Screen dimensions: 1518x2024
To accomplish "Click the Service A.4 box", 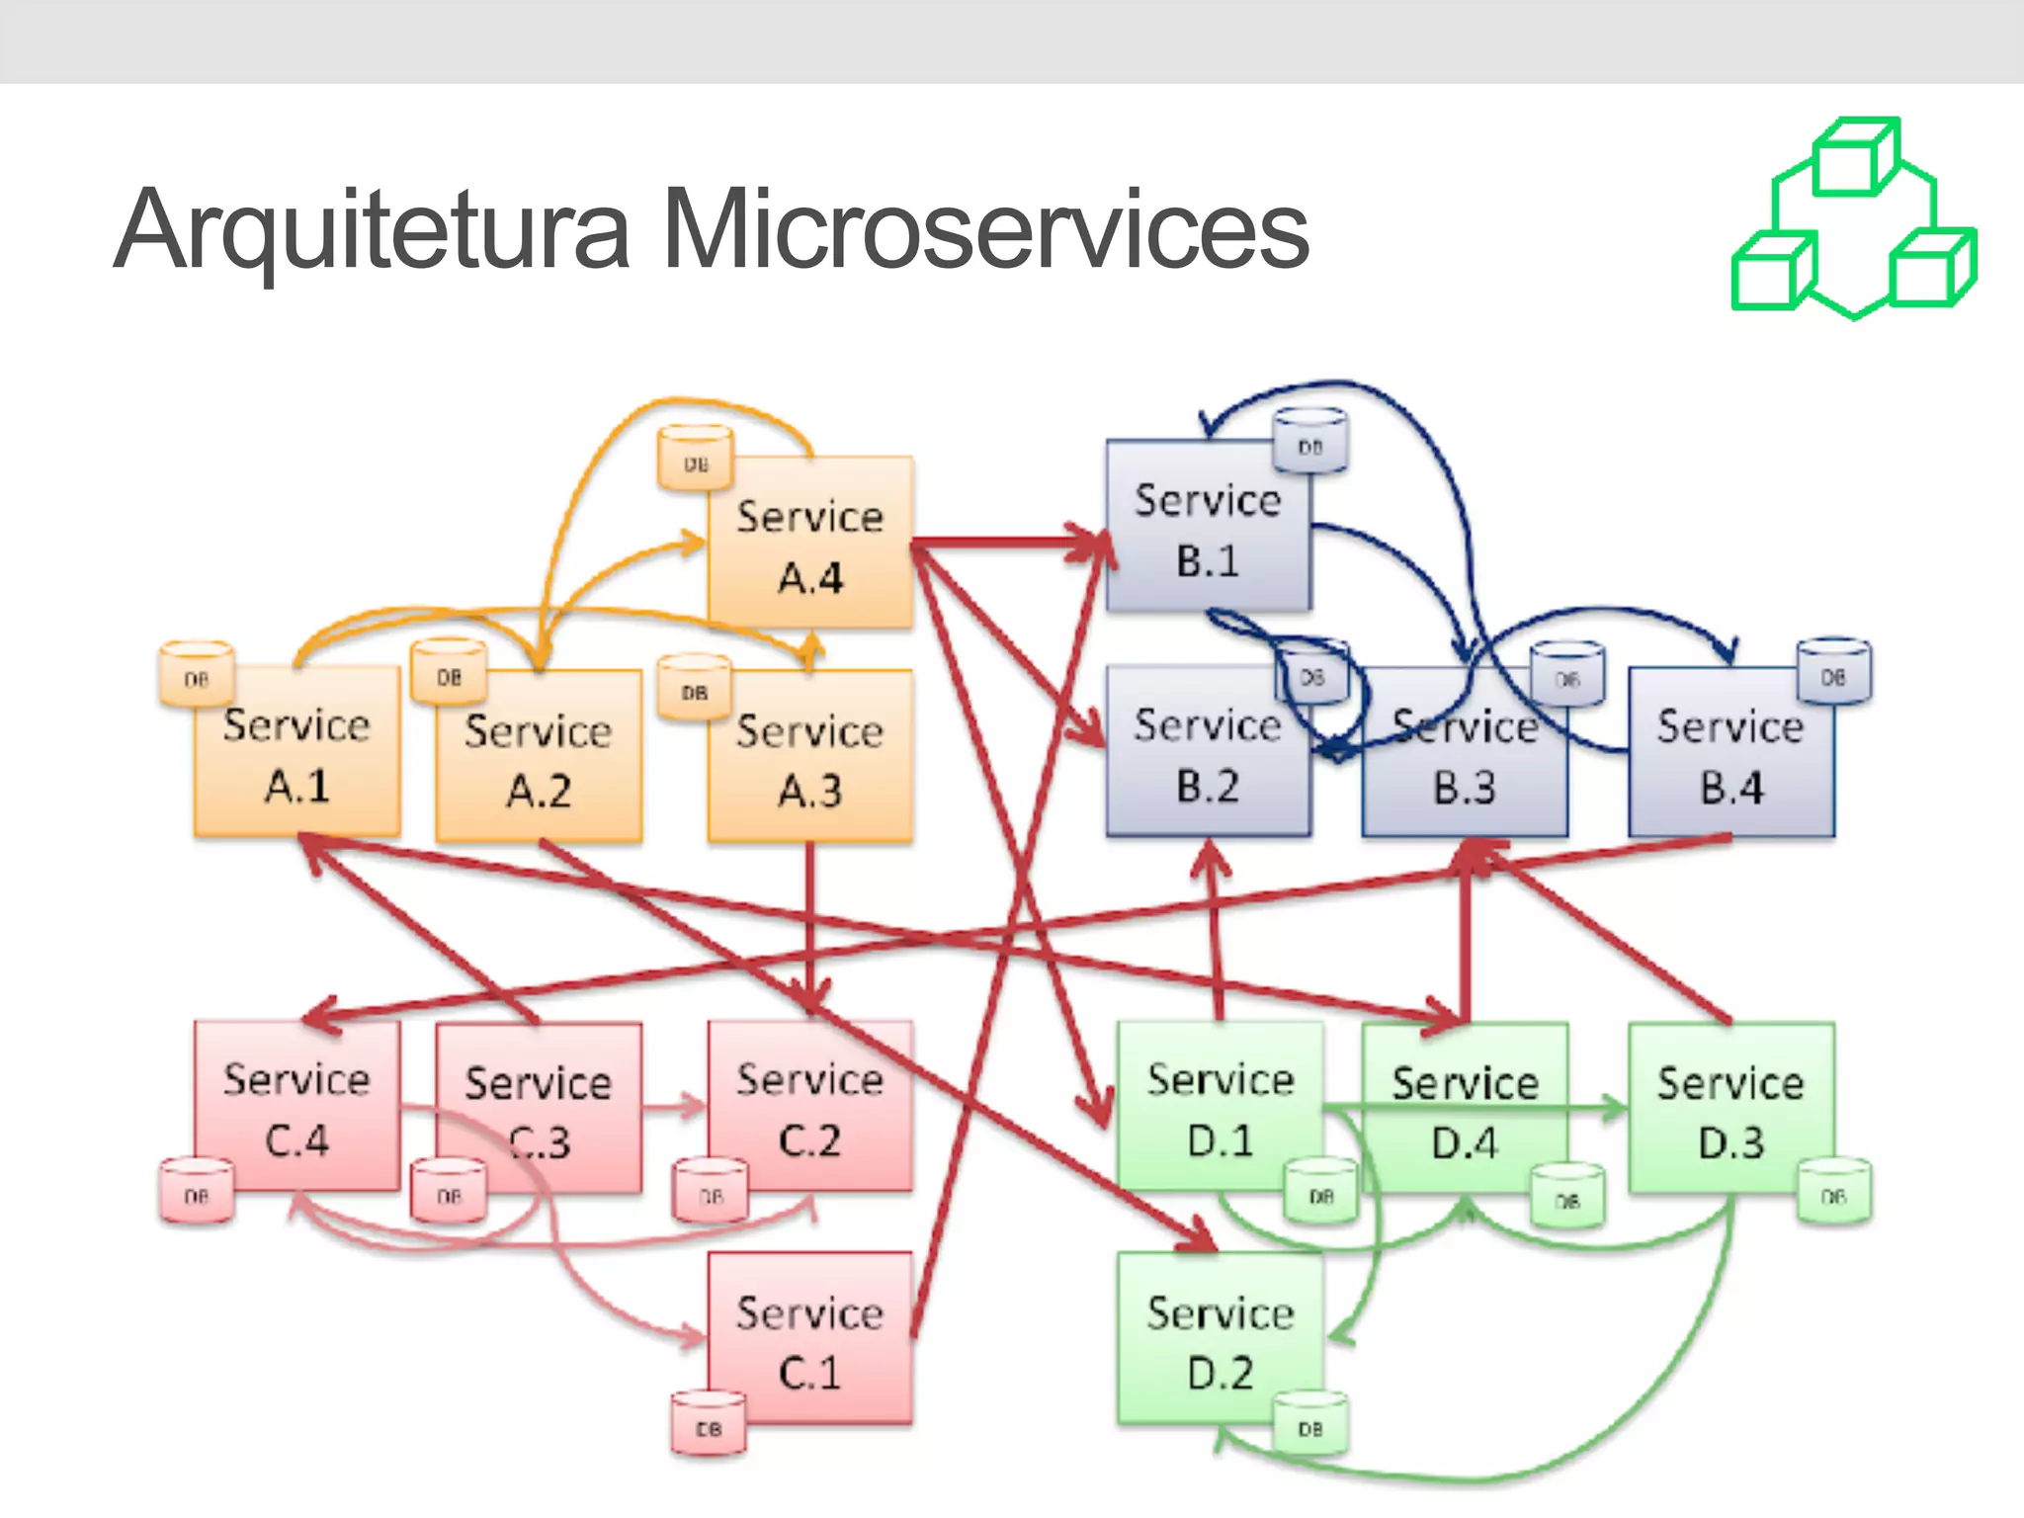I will click(x=810, y=544).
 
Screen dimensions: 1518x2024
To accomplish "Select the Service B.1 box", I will click(x=1208, y=529).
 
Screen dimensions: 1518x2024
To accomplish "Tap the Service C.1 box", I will click(x=810, y=1339).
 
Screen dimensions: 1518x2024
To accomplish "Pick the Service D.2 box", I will click(x=1220, y=1339).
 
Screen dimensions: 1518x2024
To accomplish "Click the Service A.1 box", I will click(x=296, y=756).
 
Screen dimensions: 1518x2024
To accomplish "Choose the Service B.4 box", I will click(x=1731, y=756).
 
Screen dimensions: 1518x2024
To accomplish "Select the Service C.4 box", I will click(x=296, y=1107).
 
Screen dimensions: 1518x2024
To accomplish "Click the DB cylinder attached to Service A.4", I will click(x=696, y=458).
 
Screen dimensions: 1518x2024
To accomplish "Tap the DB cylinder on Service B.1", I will click(x=1310, y=442).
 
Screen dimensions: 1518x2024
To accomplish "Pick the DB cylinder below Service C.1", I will click(x=709, y=1423).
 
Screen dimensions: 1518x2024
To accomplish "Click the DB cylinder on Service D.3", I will click(x=1833, y=1191).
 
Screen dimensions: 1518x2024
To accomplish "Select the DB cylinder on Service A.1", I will click(x=197, y=674).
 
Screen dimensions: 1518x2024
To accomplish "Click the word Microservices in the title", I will click(x=985, y=229).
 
